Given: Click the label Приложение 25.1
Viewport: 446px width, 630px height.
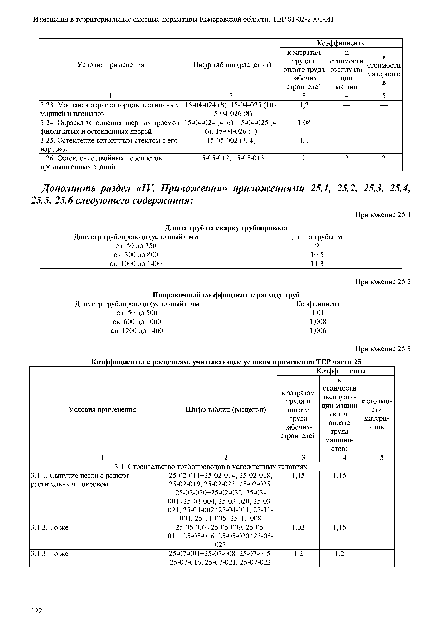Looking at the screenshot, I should pos(383,215).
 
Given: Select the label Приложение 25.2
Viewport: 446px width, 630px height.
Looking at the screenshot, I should pos(383,282).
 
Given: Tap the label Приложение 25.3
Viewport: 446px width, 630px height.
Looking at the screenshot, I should pos(383,349).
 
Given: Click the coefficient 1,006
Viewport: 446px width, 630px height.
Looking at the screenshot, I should pos(318,331).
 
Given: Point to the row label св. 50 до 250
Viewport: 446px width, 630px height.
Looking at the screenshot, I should pos(136,246).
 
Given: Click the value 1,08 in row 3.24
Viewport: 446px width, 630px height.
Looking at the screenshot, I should pos(304,123).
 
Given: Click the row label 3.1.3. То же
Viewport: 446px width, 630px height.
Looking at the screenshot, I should pos(49,554).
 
